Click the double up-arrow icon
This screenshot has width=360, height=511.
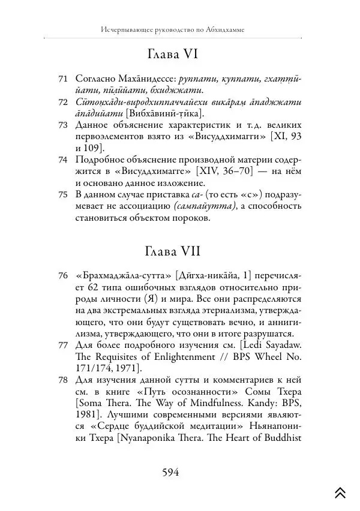click(340, 492)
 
